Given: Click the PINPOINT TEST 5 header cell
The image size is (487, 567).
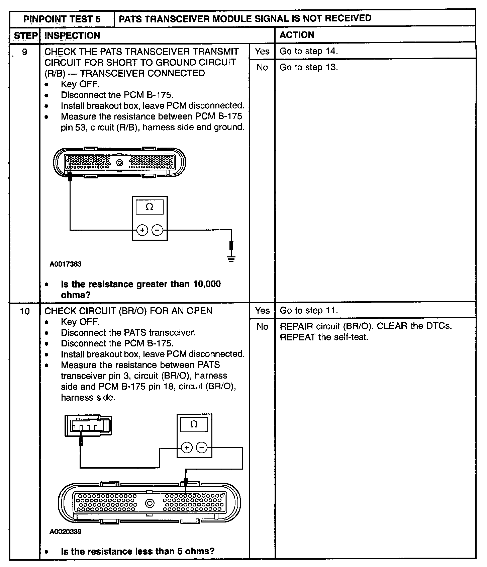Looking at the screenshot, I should click(62, 19).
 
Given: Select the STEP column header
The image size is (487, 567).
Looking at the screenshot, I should click(25, 35).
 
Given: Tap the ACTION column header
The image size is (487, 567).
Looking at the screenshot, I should click(297, 35).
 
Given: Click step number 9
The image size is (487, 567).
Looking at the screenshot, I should click(25, 52).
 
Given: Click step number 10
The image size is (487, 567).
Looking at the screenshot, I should click(25, 311).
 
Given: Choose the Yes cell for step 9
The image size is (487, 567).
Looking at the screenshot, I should click(262, 51).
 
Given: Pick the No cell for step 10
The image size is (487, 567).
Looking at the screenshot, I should click(262, 327).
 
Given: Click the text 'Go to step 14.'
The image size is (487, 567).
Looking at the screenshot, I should click(309, 51).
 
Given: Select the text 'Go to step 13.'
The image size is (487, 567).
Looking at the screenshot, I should click(309, 67).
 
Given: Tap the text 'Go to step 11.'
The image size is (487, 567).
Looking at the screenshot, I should click(309, 311).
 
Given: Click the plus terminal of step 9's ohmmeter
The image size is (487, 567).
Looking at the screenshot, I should click(142, 230).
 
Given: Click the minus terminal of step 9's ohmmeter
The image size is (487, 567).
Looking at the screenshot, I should click(157, 230).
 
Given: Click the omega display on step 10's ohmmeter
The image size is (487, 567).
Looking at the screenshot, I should click(194, 425).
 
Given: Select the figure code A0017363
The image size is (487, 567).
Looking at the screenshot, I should click(66, 264).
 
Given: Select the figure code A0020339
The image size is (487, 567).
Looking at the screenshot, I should click(66, 532).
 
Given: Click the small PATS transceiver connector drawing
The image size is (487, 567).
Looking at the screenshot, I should click(88, 426).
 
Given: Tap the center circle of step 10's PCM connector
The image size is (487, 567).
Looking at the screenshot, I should click(150, 503).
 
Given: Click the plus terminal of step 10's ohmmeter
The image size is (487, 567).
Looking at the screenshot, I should click(187, 448).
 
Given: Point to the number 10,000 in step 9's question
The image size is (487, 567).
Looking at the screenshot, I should click(207, 284).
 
